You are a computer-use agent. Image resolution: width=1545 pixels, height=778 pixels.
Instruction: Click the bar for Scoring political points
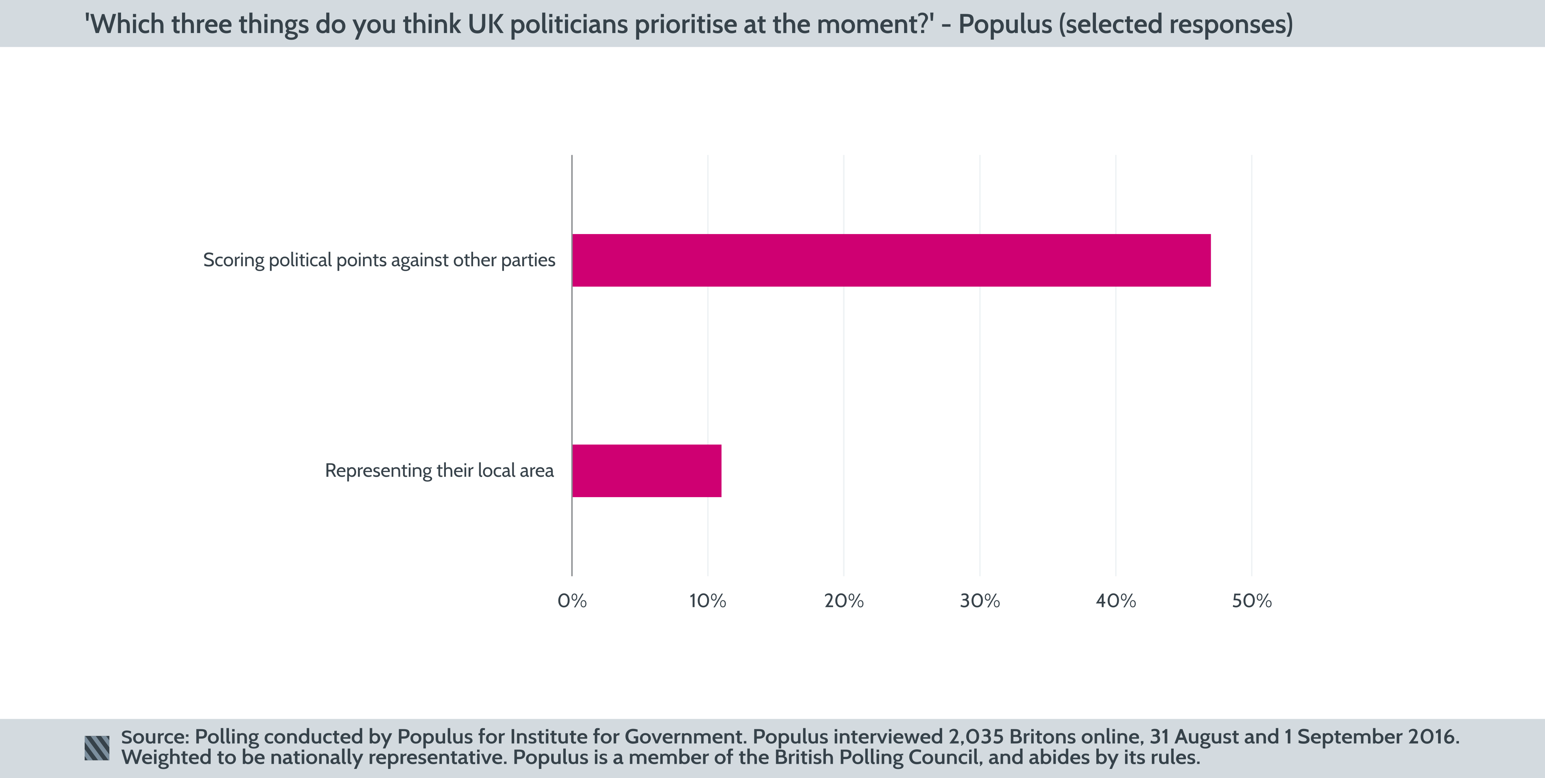[891, 260]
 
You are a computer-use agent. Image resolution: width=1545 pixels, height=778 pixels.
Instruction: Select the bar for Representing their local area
[646, 471]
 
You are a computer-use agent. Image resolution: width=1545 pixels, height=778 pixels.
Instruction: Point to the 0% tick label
[572, 601]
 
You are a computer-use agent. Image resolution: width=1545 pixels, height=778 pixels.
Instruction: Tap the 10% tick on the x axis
[708, 601]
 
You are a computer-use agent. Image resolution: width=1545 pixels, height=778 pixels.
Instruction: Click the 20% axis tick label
[844, 601]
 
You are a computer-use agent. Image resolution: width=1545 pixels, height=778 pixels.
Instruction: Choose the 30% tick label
[980, 601]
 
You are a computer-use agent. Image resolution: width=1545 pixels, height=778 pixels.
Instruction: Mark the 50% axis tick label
[1252, 601]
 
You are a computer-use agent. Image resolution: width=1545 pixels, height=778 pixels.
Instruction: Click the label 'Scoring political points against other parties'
[379, 260]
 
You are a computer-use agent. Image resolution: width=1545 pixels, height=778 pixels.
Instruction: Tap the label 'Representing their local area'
[440, 471]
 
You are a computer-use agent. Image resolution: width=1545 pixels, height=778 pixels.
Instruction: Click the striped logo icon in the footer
[97, 748]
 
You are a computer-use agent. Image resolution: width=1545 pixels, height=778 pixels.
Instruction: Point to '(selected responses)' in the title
[1175, 25]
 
